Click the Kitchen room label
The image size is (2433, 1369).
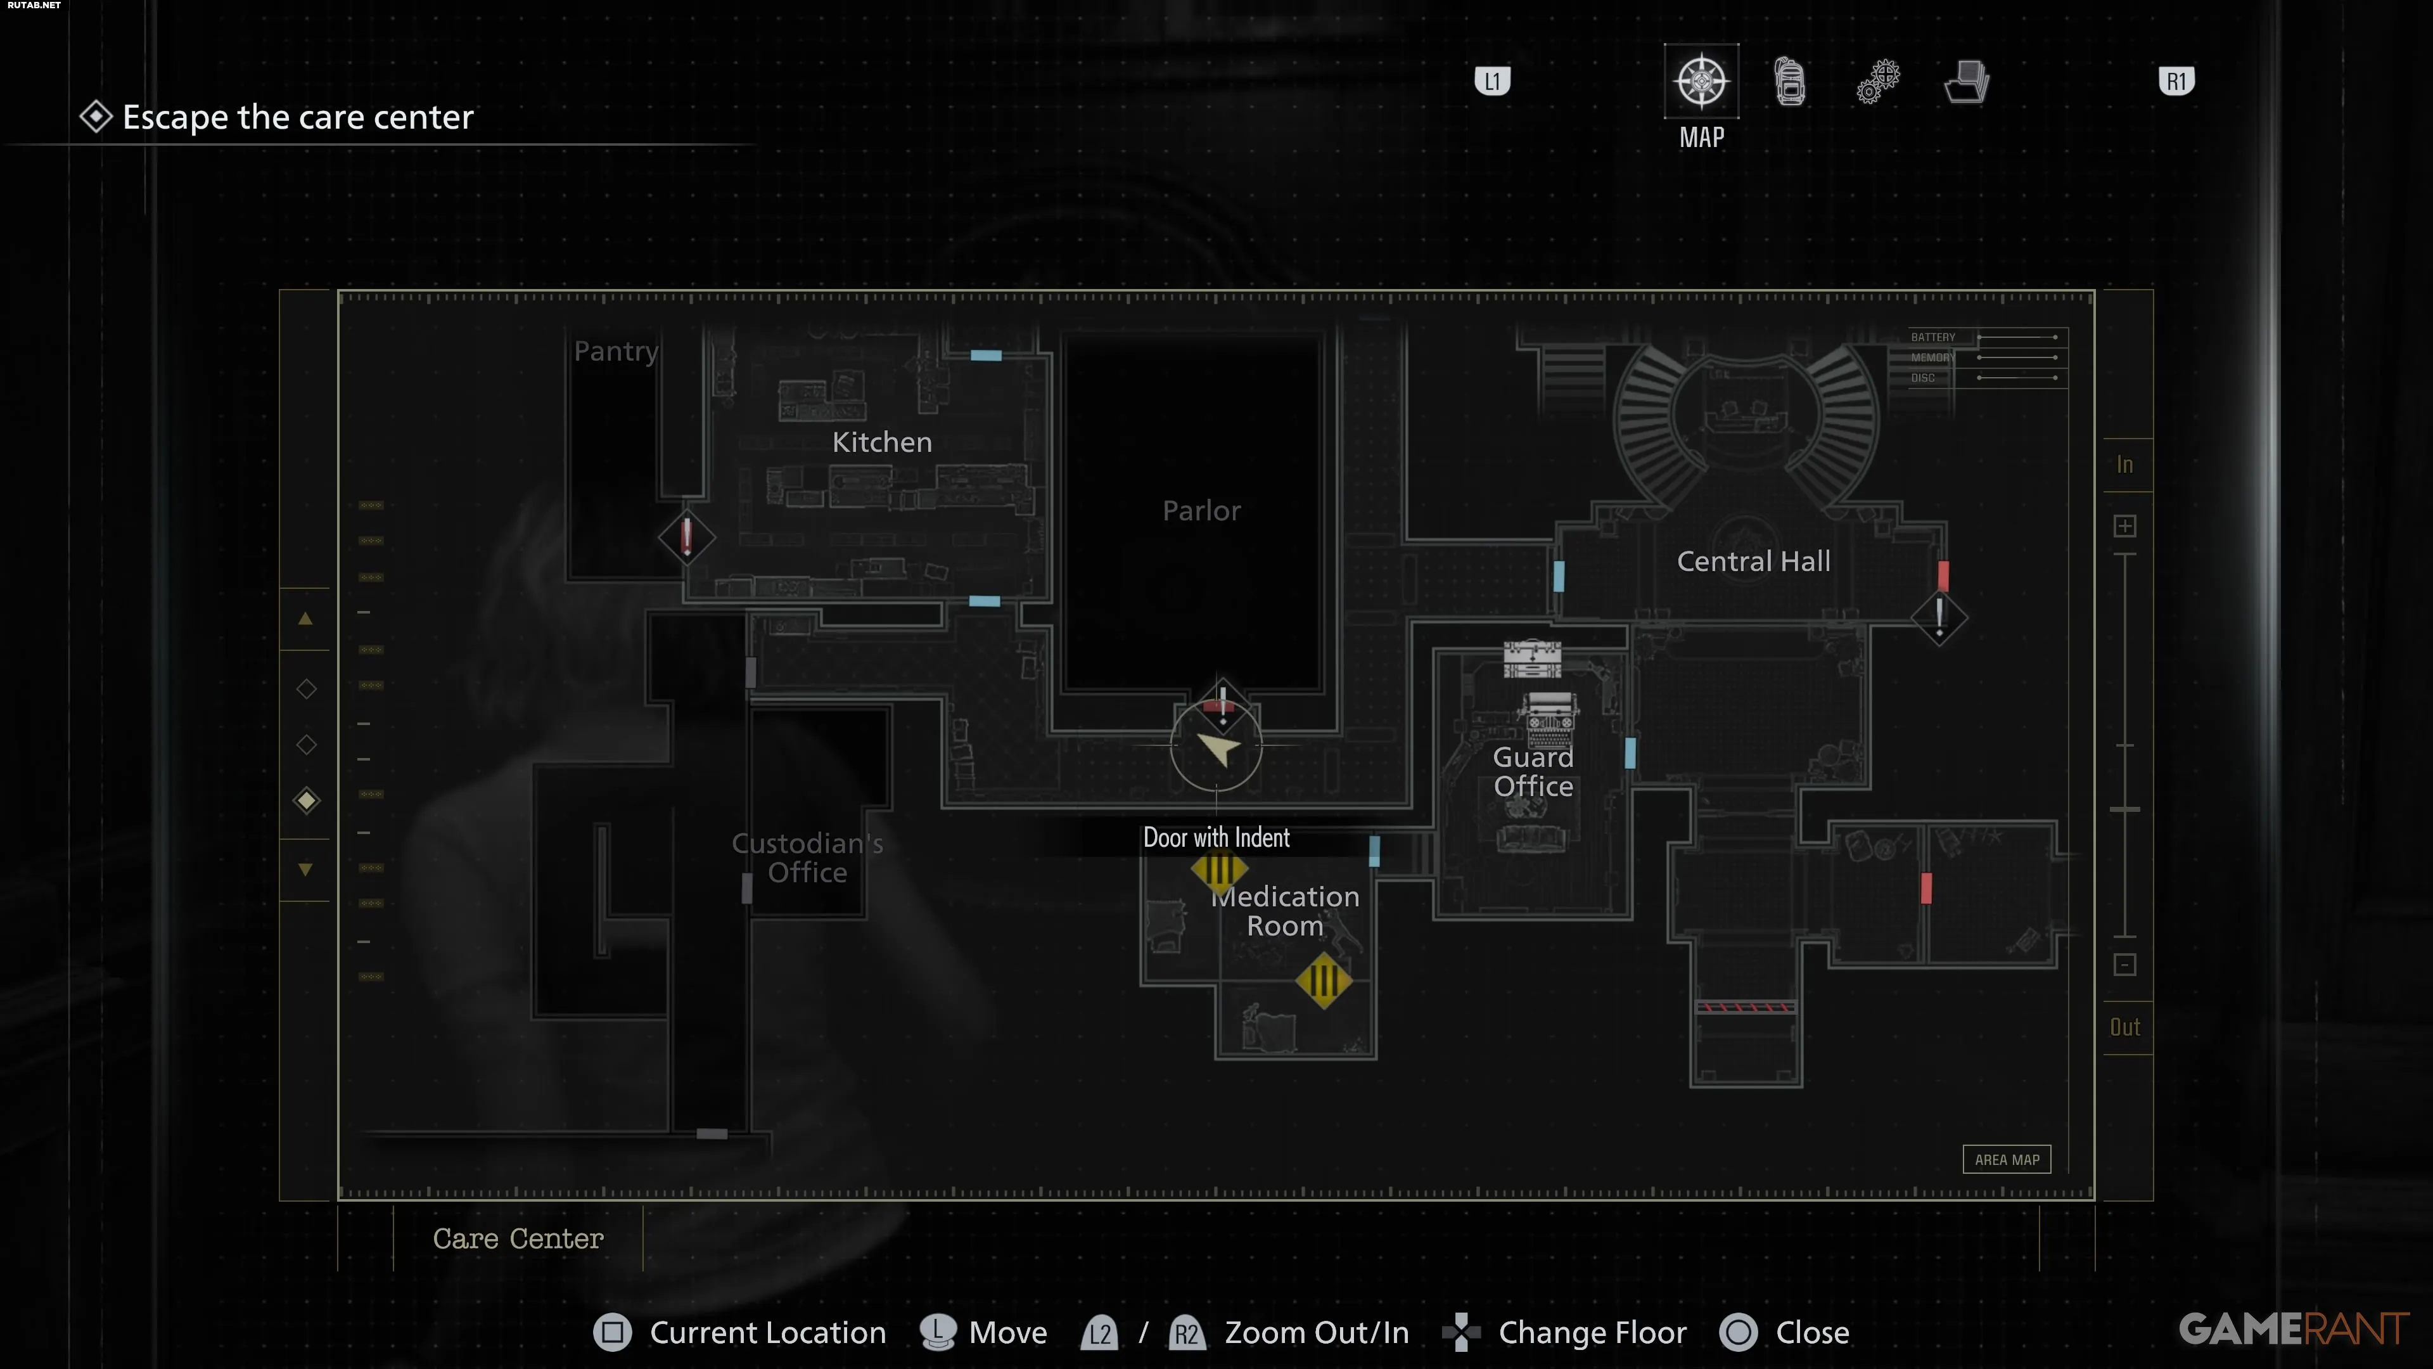(881, 442)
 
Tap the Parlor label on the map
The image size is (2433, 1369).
(1201, 511)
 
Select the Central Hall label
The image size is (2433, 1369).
(1753, 561)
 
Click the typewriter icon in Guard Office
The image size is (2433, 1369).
(1550, 720)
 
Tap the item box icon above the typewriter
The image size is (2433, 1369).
(1532, 659)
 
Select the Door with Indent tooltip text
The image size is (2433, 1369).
(1216, 838)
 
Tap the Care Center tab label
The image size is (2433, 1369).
(518, 1238)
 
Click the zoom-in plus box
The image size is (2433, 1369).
(2124, 526)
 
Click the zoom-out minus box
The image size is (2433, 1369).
(2124, 965)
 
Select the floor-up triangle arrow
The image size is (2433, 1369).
(305, 619)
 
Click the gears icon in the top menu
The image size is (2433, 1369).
(1877, 81)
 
